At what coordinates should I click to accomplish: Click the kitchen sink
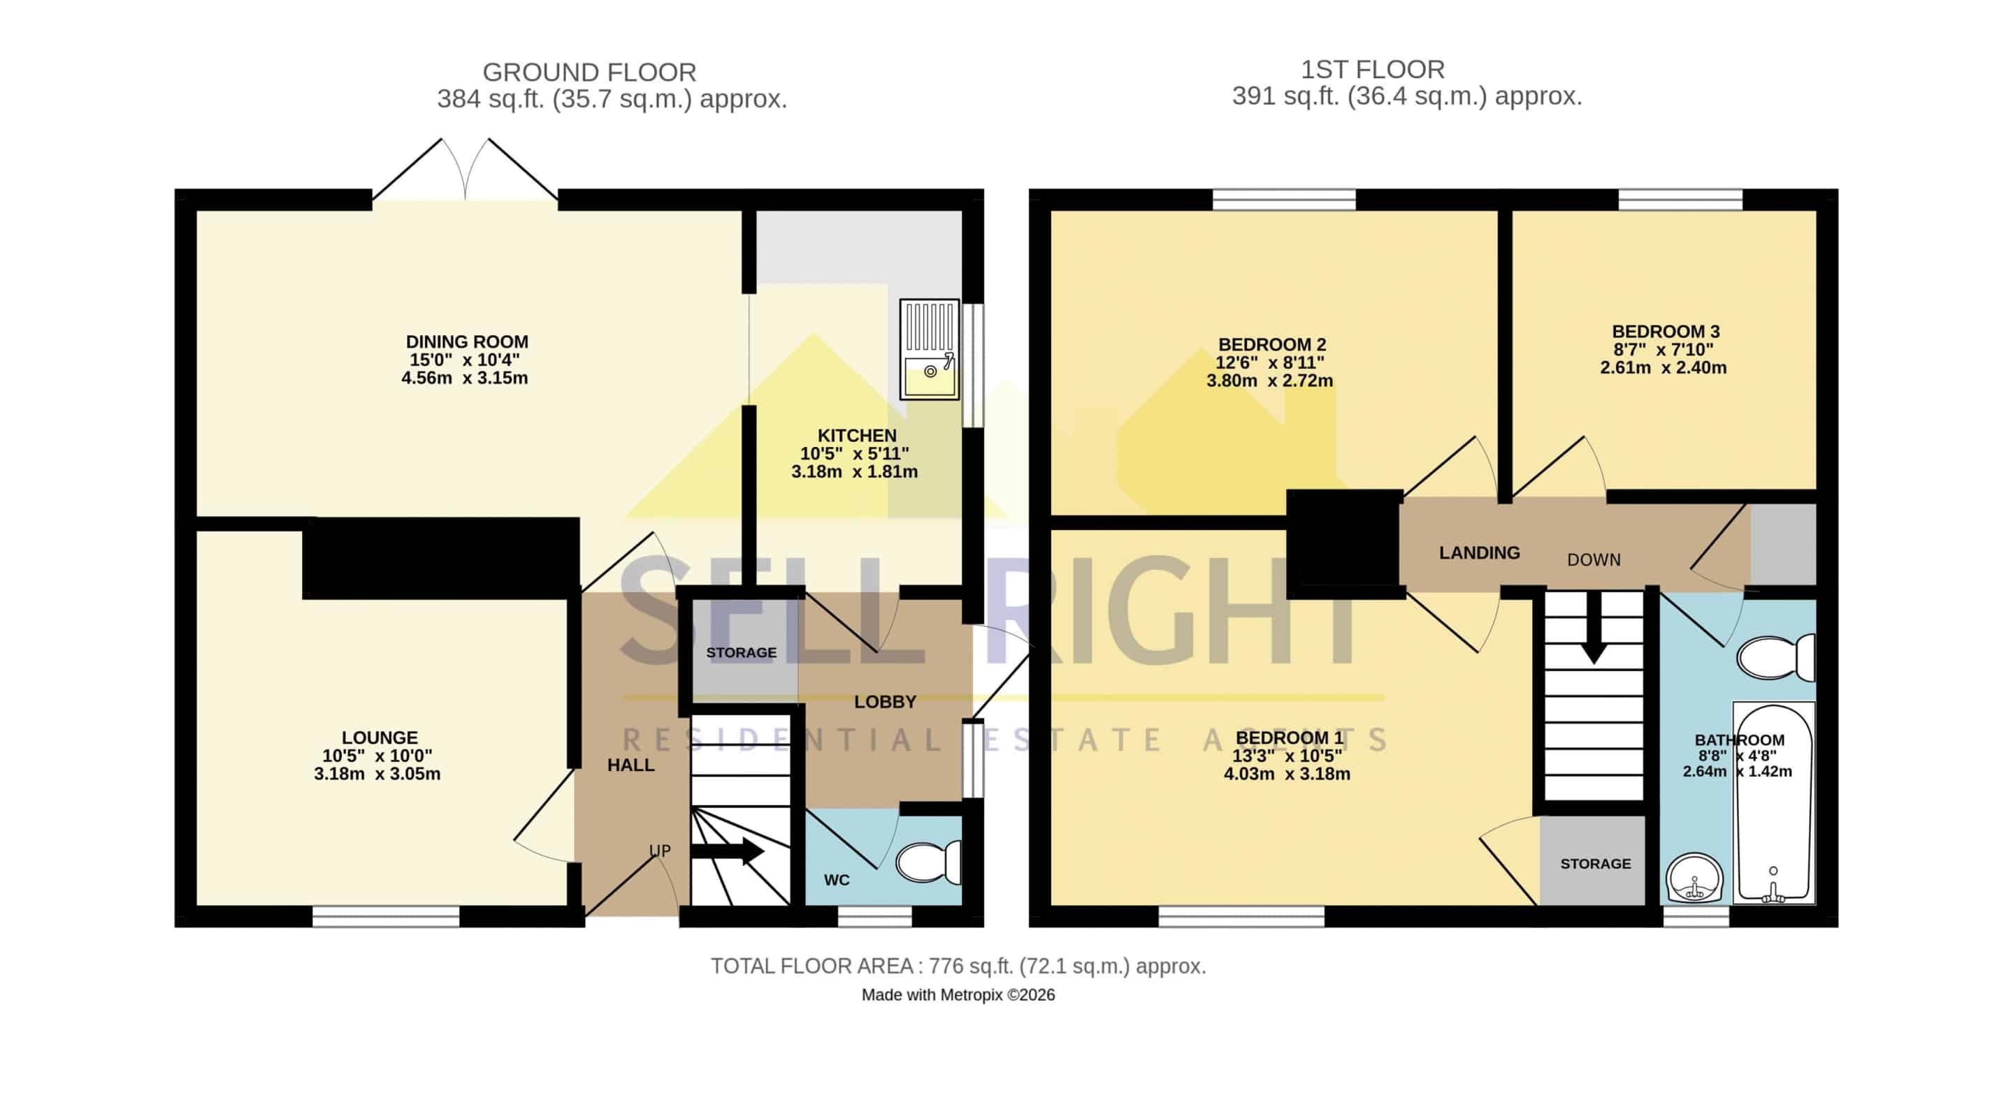pos(929,349)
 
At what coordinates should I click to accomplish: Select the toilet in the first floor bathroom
pos(1775,658)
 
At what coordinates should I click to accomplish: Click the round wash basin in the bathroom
pos(1694,879)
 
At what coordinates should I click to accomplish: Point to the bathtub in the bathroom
pos(1773,803)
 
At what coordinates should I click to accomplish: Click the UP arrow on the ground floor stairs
pos(728,851)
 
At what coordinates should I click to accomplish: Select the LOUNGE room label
pos(380,737)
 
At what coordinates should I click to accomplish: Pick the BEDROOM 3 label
pos(1665,331)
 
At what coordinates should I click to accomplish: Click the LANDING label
pos(1479,553)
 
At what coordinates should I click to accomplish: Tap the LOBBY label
pos(885,702)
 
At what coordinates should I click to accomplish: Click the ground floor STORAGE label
pos(741,653)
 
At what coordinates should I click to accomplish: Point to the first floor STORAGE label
pos(1596,864)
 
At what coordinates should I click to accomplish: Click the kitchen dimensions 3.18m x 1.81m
pos(854,471)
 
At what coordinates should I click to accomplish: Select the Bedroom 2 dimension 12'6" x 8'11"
pos(1269,362)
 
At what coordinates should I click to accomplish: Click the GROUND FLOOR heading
pos(589,72)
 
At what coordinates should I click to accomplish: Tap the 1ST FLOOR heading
pos(1372,70)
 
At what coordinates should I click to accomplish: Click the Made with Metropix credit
pos(958,995)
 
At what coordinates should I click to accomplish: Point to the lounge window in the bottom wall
pos(386,916)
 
